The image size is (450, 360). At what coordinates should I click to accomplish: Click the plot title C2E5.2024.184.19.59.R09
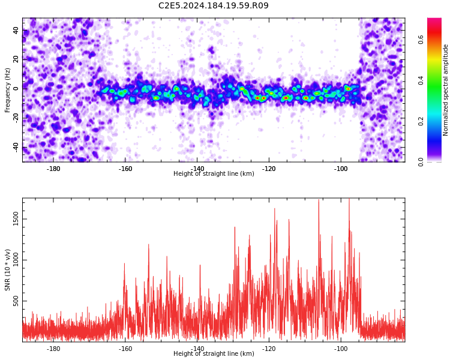point(214,5)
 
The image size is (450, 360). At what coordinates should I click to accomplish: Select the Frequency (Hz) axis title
point(7,90)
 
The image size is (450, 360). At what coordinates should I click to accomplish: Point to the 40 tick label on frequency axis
point(16,30)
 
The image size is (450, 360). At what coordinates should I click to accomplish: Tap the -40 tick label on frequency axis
point(16,148)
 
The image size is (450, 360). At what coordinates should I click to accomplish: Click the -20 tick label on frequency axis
point(16,118)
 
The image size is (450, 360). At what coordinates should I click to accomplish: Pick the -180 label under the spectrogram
point(53,169)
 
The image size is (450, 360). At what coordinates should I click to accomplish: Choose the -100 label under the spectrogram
point(341,169)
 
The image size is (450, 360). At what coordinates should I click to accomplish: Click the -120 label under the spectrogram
point(269,169)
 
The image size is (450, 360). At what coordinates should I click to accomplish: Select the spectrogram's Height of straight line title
point(214,173)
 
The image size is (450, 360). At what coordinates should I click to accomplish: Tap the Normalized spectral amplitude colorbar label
point(445,90)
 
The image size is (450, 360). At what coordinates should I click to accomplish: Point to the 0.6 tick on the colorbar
point(421,40)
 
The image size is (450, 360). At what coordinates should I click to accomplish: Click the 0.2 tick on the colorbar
point(421,121)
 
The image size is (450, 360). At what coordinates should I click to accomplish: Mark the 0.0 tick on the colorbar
point(421,162)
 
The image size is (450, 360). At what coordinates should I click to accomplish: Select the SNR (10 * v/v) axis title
point(7,270)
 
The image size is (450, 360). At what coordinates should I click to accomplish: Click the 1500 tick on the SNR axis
point(16,219)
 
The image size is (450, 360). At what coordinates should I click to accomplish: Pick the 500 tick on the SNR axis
point(16,301)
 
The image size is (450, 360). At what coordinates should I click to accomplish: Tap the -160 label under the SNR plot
point(125,349)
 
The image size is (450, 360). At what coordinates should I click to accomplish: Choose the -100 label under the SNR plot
point(341,349)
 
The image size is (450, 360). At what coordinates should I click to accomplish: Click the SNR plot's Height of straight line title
point(214,353)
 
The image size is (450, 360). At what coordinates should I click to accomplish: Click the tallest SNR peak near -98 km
point(349,199)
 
